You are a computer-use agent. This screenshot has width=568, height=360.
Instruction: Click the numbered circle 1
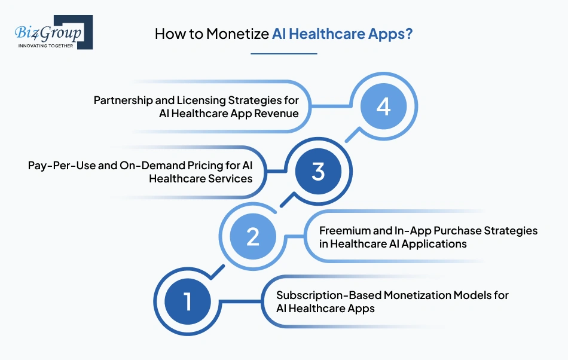pos(187,301)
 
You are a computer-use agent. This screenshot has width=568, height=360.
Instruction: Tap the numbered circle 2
pos(253,236)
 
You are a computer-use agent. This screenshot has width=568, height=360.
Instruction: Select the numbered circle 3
pos(318,172)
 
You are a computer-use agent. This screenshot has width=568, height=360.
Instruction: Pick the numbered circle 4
pos(383,108)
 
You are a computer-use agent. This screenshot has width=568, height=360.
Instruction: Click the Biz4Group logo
pos(53,32)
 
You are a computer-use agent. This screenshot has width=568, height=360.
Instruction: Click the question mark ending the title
pos(409,34)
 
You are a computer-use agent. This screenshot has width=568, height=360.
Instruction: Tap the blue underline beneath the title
pos(283,54)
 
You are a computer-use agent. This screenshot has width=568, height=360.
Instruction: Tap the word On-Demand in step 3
pos(143,166)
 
